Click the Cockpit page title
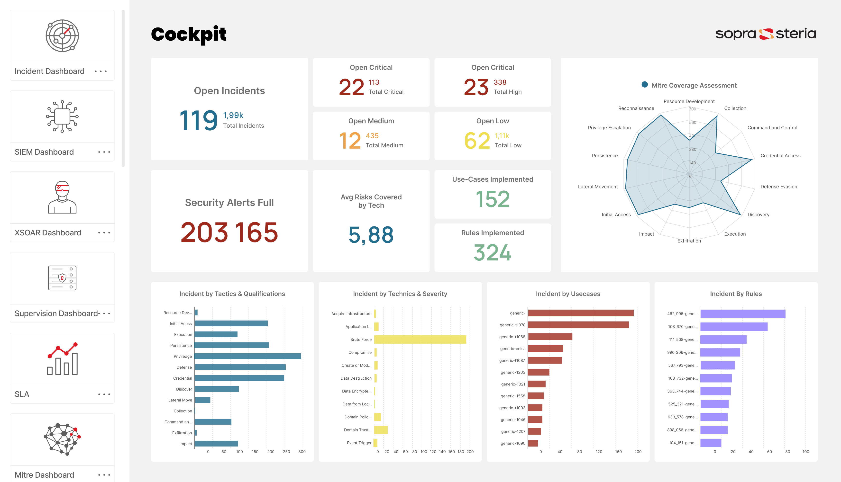tap(189, 35)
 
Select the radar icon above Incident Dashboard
tap(62, 36)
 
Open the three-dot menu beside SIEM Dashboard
tap(104, 152)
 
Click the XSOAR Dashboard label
tap(48, 233)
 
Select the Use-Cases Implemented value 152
tap(493, 199)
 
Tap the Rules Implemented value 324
tap(493, 253)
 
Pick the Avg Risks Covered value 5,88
tap(371, 235)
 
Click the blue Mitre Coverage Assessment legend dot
tap(645, 85)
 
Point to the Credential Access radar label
tap(780, 156)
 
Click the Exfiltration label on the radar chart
tap(689, 241)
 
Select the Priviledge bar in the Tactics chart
tap(248, 356)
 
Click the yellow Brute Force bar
tap(420, 339)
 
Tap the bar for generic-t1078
tap(578, 325)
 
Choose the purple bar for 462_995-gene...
tap(743, 313)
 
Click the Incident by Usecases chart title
tap(568, 294)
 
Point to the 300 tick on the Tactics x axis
tap(302, 452)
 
